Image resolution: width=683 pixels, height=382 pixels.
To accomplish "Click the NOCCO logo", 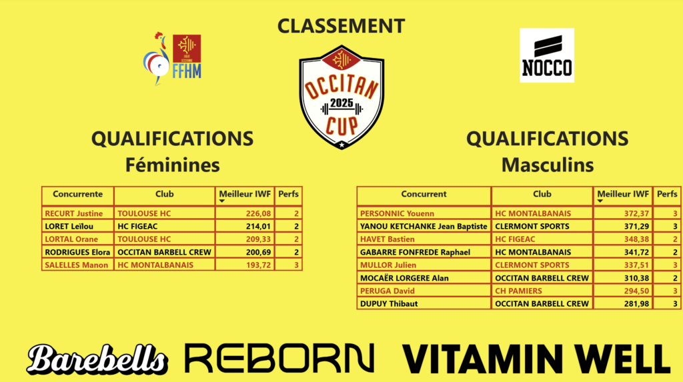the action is coord(547,55).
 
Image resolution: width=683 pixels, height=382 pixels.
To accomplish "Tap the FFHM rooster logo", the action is coord(172,59).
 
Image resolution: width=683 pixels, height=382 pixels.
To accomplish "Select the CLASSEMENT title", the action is coord(341,26).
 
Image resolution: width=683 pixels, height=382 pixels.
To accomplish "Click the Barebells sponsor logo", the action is coord(97,359).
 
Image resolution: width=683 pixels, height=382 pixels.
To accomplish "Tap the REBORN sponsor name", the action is coord(279,358).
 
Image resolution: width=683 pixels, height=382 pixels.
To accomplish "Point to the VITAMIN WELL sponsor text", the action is coord(536,359).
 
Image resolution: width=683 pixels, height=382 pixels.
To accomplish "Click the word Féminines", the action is coord(173,165).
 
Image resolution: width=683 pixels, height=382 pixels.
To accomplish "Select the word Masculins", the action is coord(548,165).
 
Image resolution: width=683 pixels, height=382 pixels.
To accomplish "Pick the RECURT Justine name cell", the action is coord(78,213).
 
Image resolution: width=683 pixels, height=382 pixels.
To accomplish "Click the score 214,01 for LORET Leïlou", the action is coord(245,226).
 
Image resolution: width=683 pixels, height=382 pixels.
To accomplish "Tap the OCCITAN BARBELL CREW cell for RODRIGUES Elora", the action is coord(165,252).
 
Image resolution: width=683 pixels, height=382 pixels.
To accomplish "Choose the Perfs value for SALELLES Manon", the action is coord(288,265).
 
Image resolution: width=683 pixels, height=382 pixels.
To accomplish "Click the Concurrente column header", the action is coord(77,194).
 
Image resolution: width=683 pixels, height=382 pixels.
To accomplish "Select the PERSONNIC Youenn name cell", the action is coord(424,213).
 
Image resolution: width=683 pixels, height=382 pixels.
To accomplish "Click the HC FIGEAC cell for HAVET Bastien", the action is coord(542,239).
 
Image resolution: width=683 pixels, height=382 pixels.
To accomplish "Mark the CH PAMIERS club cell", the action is coord(542,291).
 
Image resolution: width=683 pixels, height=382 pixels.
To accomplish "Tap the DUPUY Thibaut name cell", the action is coord(424,303).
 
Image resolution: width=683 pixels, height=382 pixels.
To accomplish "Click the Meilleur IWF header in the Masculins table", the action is coord(623,194).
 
